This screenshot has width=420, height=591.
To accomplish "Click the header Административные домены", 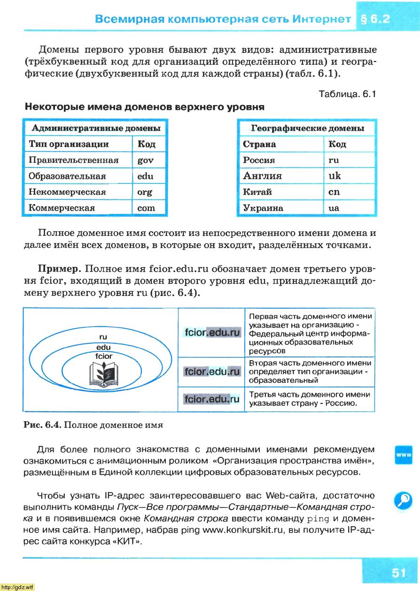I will point(96,128).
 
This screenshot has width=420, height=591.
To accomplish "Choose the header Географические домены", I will point(308,128).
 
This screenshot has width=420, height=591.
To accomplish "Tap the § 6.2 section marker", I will point(375,20).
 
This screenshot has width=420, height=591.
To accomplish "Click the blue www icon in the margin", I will point(404,455).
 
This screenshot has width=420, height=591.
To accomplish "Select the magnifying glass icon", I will point(404,500).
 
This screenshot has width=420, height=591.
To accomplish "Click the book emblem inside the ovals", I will point(103,375).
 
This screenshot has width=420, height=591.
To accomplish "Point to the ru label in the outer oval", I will point(103,337).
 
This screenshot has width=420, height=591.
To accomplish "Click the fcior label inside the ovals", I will point(103,356).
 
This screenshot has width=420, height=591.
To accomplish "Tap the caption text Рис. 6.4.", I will point(42,425).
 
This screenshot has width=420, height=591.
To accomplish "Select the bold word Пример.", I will point(60,270).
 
